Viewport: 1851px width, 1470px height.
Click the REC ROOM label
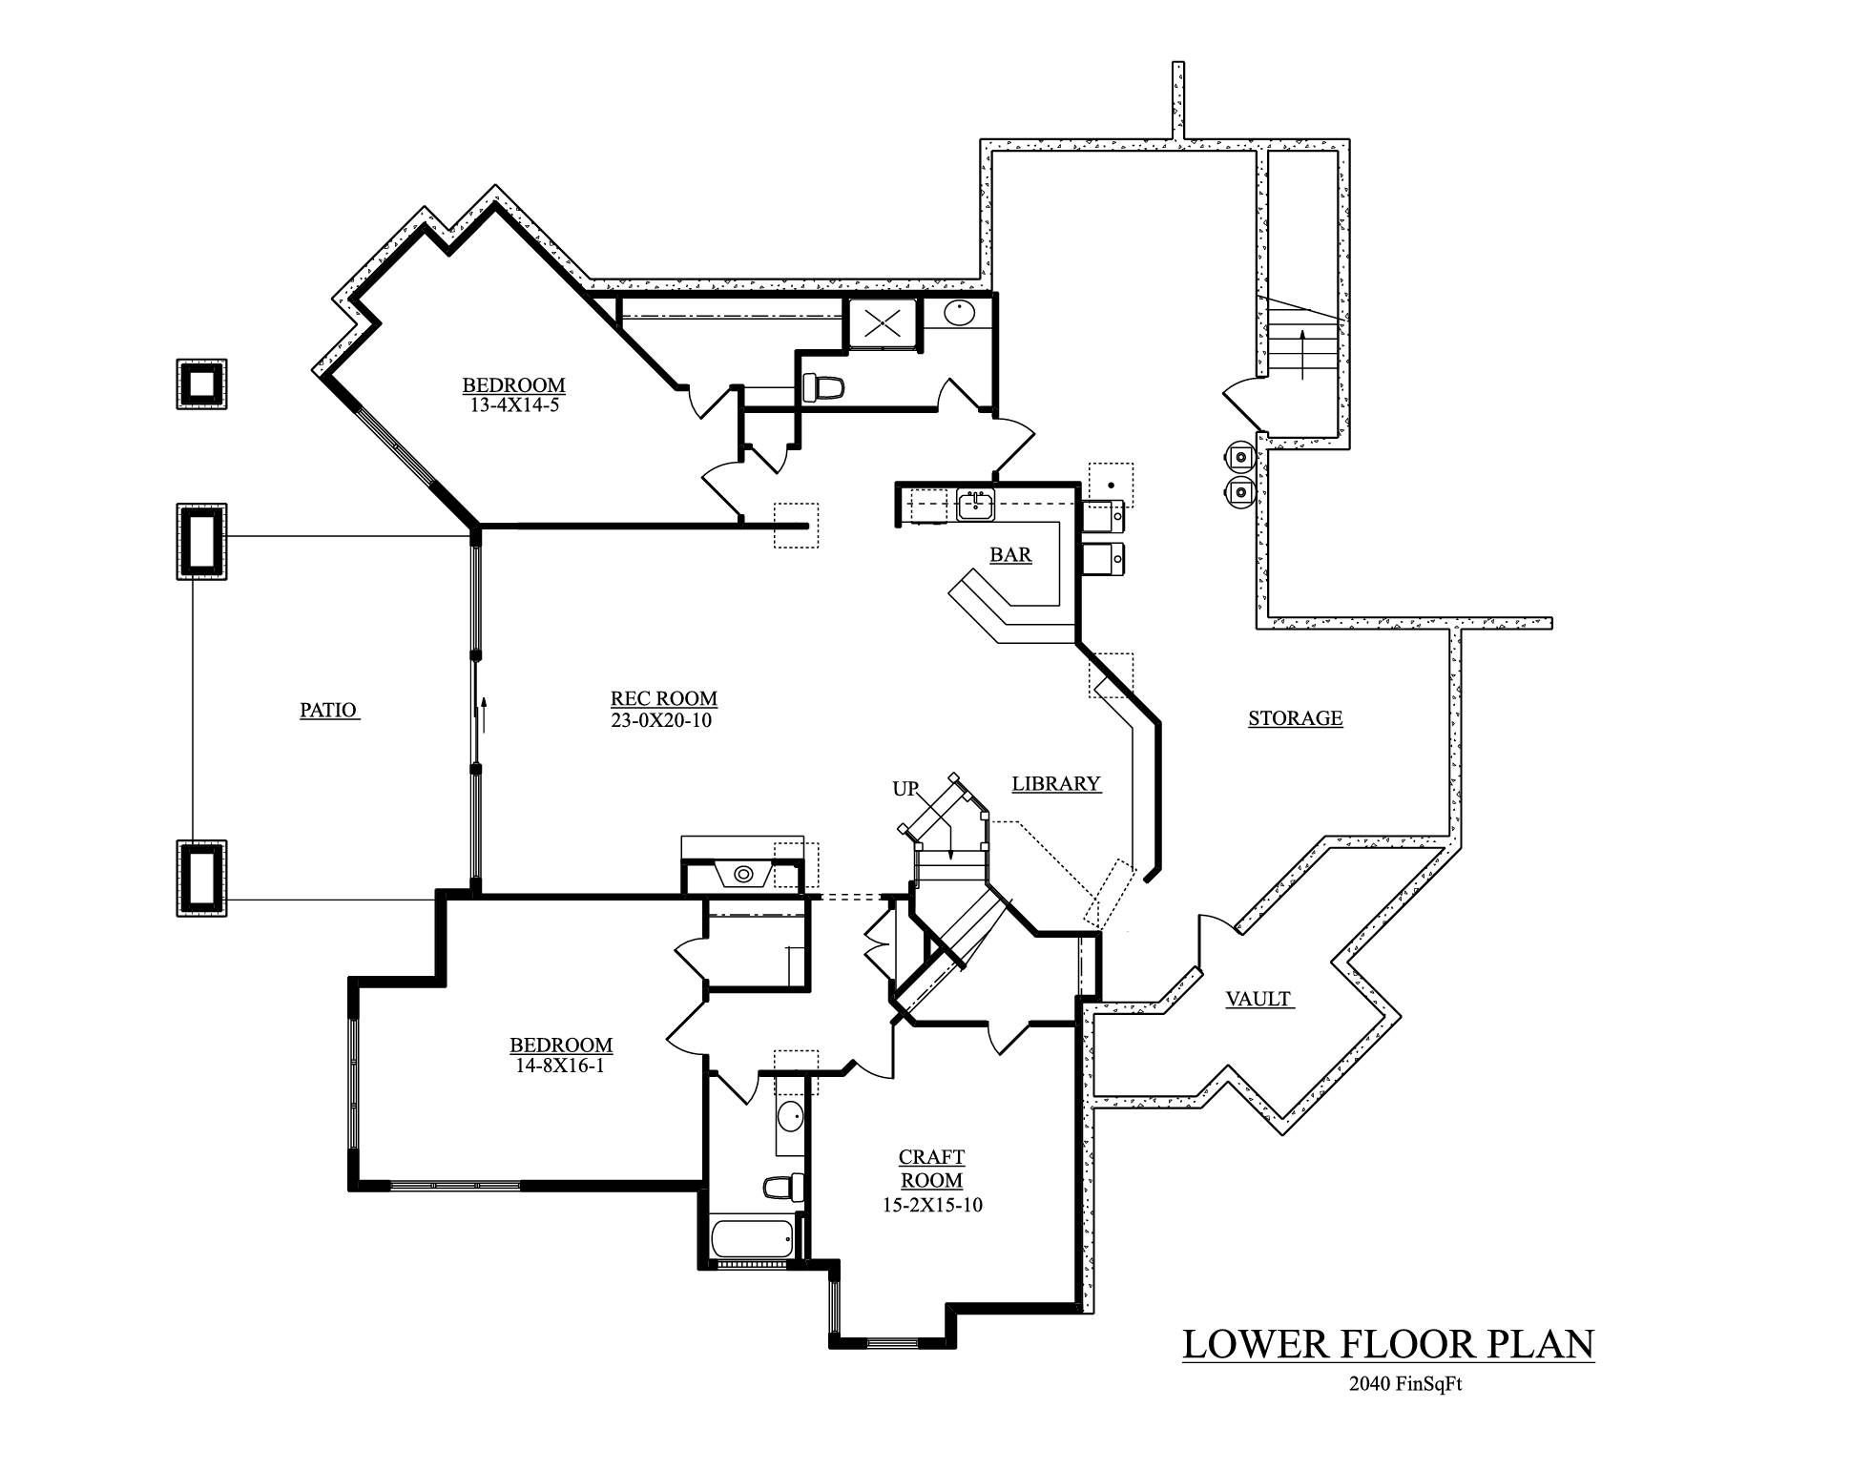pyautogui.click(x=663, y=698)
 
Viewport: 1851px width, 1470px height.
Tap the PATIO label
pyautogui.click(x=328, y=710)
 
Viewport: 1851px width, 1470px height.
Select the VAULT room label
pyautogui.click(x=1258, y=999)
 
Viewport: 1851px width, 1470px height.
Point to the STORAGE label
pyautogui.click(x=1295, y=718)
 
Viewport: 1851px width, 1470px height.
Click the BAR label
pyautogui.click(x=1010, y=554)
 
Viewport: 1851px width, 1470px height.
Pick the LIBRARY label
pyautogui.click(x=1055, y=783)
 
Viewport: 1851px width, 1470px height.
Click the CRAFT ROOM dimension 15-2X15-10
pyautogui.click(x=931, y=1205)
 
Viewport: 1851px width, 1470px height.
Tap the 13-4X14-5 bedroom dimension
pyautogui.click(x=513, y=404)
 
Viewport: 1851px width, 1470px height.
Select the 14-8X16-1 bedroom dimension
pyautogui.click(x=560, y=1066)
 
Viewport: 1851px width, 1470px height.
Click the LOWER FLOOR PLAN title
pyautogui.click(x=1387, y=1343)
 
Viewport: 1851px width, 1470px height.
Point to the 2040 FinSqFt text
pyautogui.click(x=1405, y=1384)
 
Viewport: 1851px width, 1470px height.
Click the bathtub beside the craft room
pyautogui.click(x=752, y=1238)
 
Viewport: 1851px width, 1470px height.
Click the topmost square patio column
pyautogui.click(x=201, y=384)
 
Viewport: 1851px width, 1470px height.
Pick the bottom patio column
pyautogui.click(x=201, y=879)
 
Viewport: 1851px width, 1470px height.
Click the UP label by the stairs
pyautogui.click(x=905, y=789)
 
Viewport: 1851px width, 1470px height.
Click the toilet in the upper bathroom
pyautogui.click(x=824, y=387)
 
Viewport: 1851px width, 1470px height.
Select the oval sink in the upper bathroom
pyautogui.click(x=960, y=313)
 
